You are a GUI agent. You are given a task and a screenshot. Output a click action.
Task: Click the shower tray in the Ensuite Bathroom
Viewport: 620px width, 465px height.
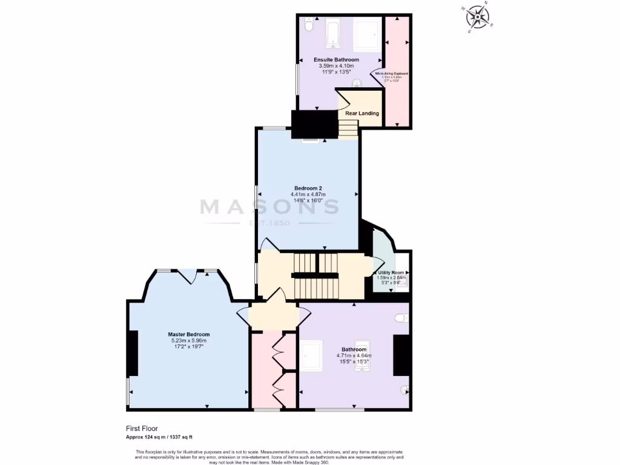point(367,34)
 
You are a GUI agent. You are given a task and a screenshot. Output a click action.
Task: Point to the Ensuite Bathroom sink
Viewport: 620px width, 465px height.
point(358,84)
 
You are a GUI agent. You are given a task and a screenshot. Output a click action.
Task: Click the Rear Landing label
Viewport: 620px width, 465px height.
point(362,113)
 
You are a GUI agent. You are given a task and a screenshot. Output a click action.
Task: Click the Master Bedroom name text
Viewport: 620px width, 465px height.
point(189,334)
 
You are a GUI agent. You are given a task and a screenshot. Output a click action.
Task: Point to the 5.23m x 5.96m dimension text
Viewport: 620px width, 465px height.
point(189,341)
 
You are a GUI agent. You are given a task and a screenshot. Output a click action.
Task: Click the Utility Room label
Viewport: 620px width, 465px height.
point(391,273)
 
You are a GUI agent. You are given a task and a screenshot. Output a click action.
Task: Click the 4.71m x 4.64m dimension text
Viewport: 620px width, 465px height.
point(354,355)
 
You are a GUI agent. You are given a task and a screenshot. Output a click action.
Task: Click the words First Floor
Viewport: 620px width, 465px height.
point(141,428)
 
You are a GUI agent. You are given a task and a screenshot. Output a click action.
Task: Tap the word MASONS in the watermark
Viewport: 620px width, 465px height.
point(269,207)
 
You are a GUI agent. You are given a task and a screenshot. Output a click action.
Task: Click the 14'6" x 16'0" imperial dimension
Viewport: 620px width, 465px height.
point(308,200)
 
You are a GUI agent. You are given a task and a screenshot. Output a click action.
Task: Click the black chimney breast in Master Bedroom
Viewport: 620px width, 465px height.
point(133,353)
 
